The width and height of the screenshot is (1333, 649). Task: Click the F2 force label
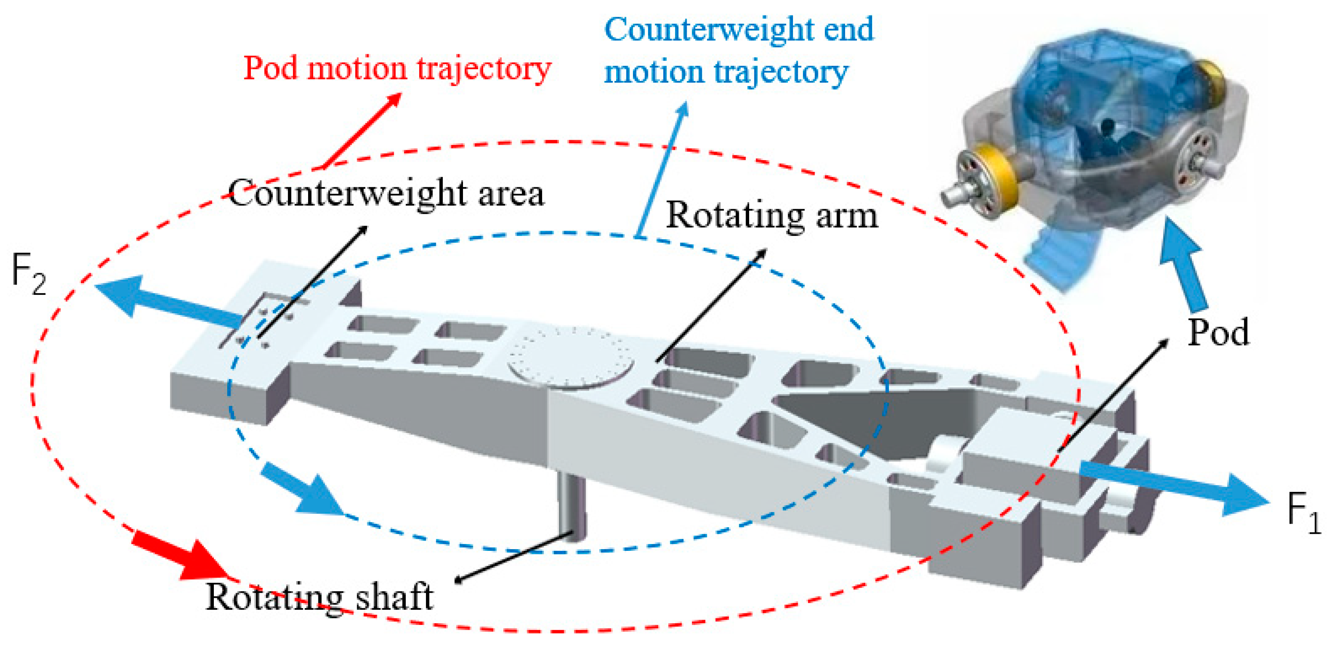coord(28,275)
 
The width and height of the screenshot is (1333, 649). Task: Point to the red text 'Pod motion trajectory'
coord(397,68)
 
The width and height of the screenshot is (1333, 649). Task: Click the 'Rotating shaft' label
coord(319,597)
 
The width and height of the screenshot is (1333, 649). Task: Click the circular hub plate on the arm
coord(571,357)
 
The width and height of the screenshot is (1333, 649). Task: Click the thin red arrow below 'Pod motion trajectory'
coord(362,130)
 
